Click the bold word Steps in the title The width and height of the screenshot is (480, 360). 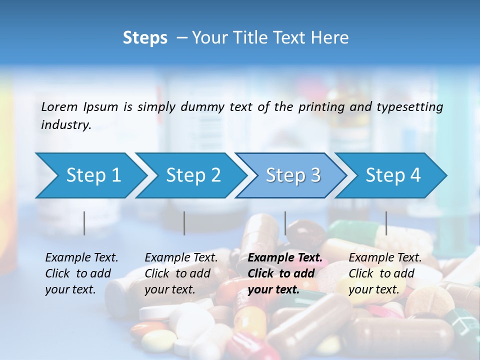pos(145,38)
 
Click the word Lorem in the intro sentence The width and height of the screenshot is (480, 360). pos(59,106)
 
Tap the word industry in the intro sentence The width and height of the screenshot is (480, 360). pos(65,125)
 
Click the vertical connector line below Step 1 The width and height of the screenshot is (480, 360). pos(84,223)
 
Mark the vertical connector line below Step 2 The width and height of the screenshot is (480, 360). pos(184,223)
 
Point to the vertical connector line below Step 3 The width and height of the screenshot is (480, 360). pos(285,223)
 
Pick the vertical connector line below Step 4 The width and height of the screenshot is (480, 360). pos(386,223)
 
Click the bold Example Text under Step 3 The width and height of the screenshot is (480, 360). pos(285,258)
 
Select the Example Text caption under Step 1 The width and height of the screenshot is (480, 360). pos(81,258)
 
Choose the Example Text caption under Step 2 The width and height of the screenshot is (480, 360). pos(181,258)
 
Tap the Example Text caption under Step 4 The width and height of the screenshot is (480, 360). pos(385,258)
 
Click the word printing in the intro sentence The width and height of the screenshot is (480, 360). pos(320,106)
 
